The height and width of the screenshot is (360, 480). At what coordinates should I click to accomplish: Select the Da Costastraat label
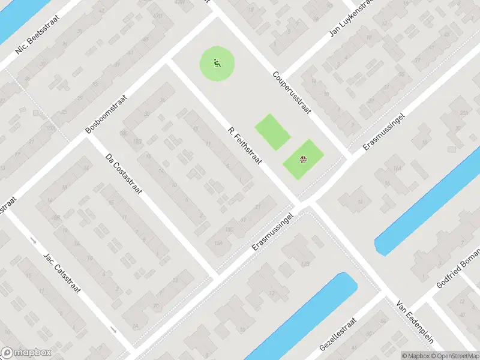[122, 174]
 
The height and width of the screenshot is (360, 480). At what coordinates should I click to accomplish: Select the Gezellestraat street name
[340, 335]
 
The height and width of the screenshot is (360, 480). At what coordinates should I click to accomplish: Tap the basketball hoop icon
[304, 159]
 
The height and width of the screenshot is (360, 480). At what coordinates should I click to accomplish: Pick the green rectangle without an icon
[272, 131]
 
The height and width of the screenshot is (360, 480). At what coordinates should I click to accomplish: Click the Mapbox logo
[25, 353]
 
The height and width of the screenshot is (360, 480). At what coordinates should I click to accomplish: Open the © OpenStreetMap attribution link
[455, 356]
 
